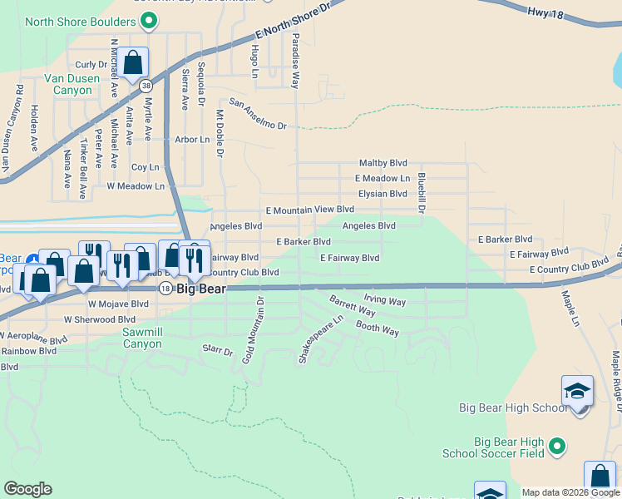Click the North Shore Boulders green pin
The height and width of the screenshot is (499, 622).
(x=149, y=21)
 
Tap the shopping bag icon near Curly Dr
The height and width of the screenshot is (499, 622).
(x=132, y=62)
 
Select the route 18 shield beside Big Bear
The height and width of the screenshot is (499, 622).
(x=165, y=287)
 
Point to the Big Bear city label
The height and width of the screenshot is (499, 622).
(x=200, y=287)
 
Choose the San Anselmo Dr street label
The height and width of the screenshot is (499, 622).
(x=258, y=114)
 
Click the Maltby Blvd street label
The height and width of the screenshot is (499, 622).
(x=383, y=163)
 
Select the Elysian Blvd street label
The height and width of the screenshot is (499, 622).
(x=383, y=194)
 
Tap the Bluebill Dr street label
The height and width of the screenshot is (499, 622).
(x=422, y=192)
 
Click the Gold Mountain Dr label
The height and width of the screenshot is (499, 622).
(x=253, y=330)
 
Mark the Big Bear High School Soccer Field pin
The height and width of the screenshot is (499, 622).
(x=558, y=447)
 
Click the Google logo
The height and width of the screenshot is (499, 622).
(x=27, y=488)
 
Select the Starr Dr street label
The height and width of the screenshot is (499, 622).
(x=218, y=352)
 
